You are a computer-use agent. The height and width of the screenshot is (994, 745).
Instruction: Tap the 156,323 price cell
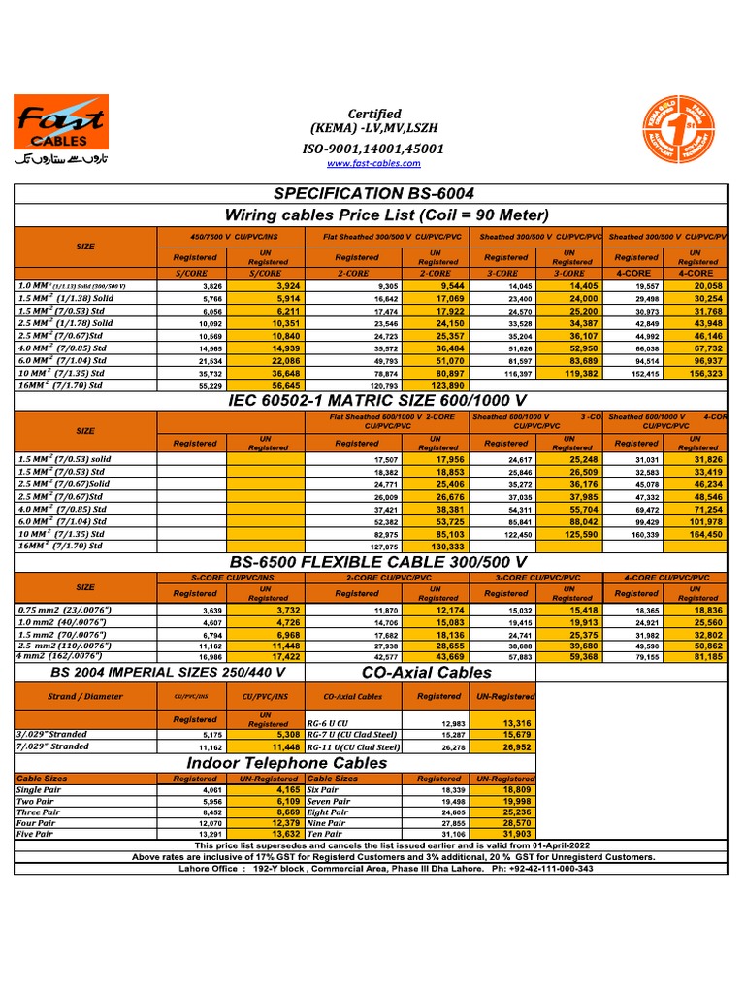coord(697,373)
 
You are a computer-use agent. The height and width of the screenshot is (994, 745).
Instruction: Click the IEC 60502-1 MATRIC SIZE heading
coord(378,402)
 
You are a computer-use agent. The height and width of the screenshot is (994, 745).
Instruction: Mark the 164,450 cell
coord(697,534)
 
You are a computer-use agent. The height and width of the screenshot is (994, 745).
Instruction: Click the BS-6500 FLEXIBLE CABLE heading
coord(378,562)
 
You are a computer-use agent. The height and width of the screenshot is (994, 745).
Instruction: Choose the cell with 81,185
coord(697,657)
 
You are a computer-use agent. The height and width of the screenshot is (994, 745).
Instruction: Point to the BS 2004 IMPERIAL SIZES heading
coord(168,672)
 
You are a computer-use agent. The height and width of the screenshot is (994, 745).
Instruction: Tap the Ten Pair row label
coord(325,834)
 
